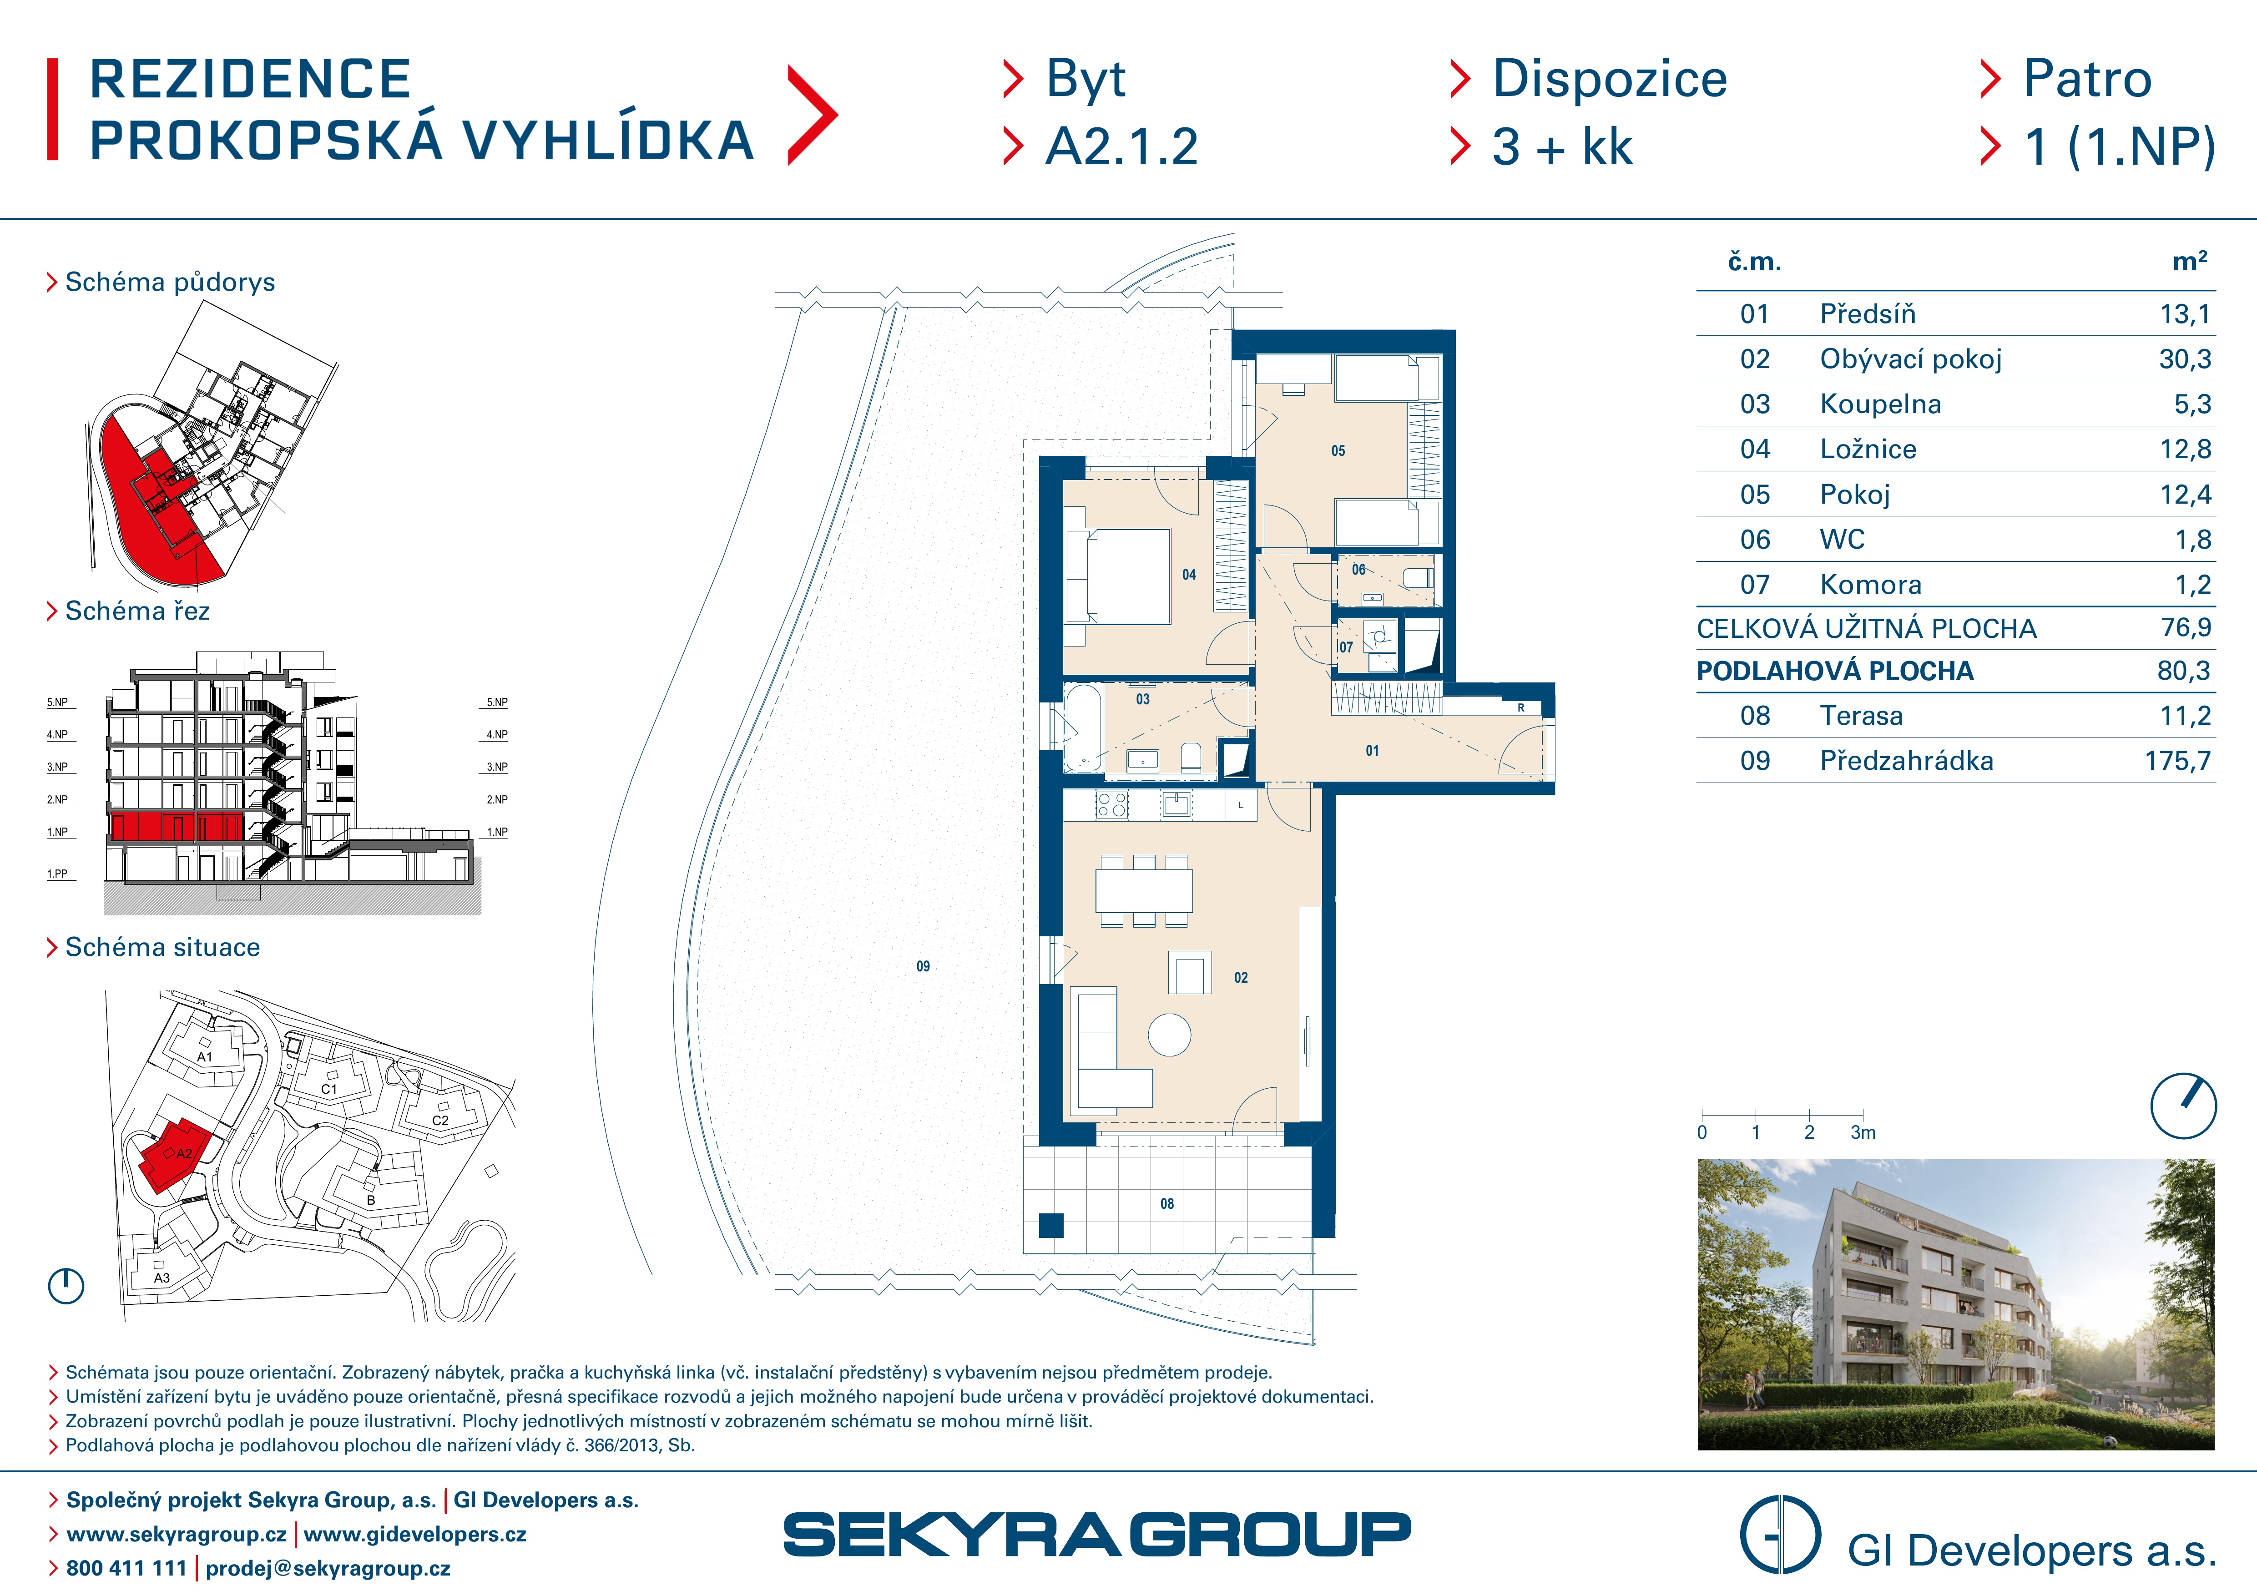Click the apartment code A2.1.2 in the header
[1121, 147]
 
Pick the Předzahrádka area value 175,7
[2177, 761]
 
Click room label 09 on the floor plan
[923, 966]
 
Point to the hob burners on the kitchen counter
[1112, 805]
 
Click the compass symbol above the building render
[2183, 1106]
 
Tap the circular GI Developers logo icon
[1780, 1535]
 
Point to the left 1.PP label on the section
[57, 874]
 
